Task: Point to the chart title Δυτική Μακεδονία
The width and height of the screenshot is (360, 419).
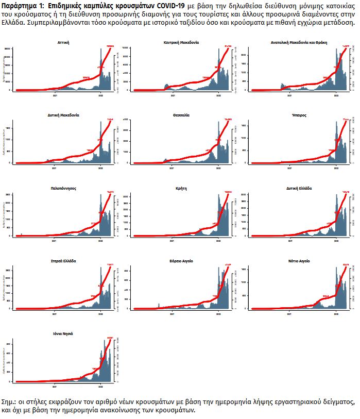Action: point(64,115)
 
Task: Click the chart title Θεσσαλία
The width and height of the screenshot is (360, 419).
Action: point(181,115)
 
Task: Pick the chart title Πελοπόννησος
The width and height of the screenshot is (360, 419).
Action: point(64,188)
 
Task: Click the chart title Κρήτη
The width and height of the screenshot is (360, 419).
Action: point(181,188)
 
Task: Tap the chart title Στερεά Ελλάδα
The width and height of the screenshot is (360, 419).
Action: point(64,261)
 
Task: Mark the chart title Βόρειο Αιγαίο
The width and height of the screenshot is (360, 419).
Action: point(181,261)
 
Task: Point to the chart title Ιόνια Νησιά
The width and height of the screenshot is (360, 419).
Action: point(64,333)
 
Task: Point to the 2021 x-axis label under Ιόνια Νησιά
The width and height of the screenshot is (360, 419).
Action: point(55,386)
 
